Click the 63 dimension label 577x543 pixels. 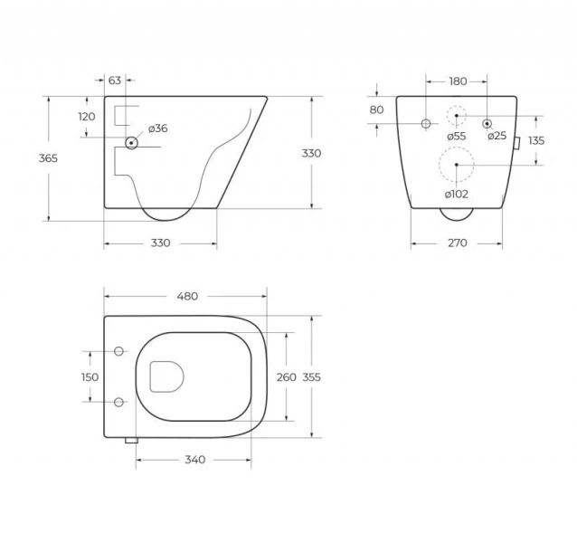coord(115,81)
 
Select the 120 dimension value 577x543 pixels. coord(87,117)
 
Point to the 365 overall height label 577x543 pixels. coord(48,158)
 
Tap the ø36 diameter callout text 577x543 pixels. coord(157,129)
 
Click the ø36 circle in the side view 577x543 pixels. coord(131,142)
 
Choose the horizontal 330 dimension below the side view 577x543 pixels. coord(160,243)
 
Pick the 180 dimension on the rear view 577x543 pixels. coord(458,81)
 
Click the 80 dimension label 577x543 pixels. coord(377,110)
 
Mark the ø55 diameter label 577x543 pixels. coord(456,136)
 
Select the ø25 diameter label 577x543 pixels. coord(497,136)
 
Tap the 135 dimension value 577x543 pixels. coord(536,140)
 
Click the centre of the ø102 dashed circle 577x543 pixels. coord(456,164)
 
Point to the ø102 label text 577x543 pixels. coord(456,194)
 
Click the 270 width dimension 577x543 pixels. coord(458,243)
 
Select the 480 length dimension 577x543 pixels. coord(186,296)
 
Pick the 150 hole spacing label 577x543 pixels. coord(90,377)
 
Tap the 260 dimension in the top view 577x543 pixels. coord(287,377)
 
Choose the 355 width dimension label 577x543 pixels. coord(311,377)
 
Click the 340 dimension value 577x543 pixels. coord(194,459)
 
